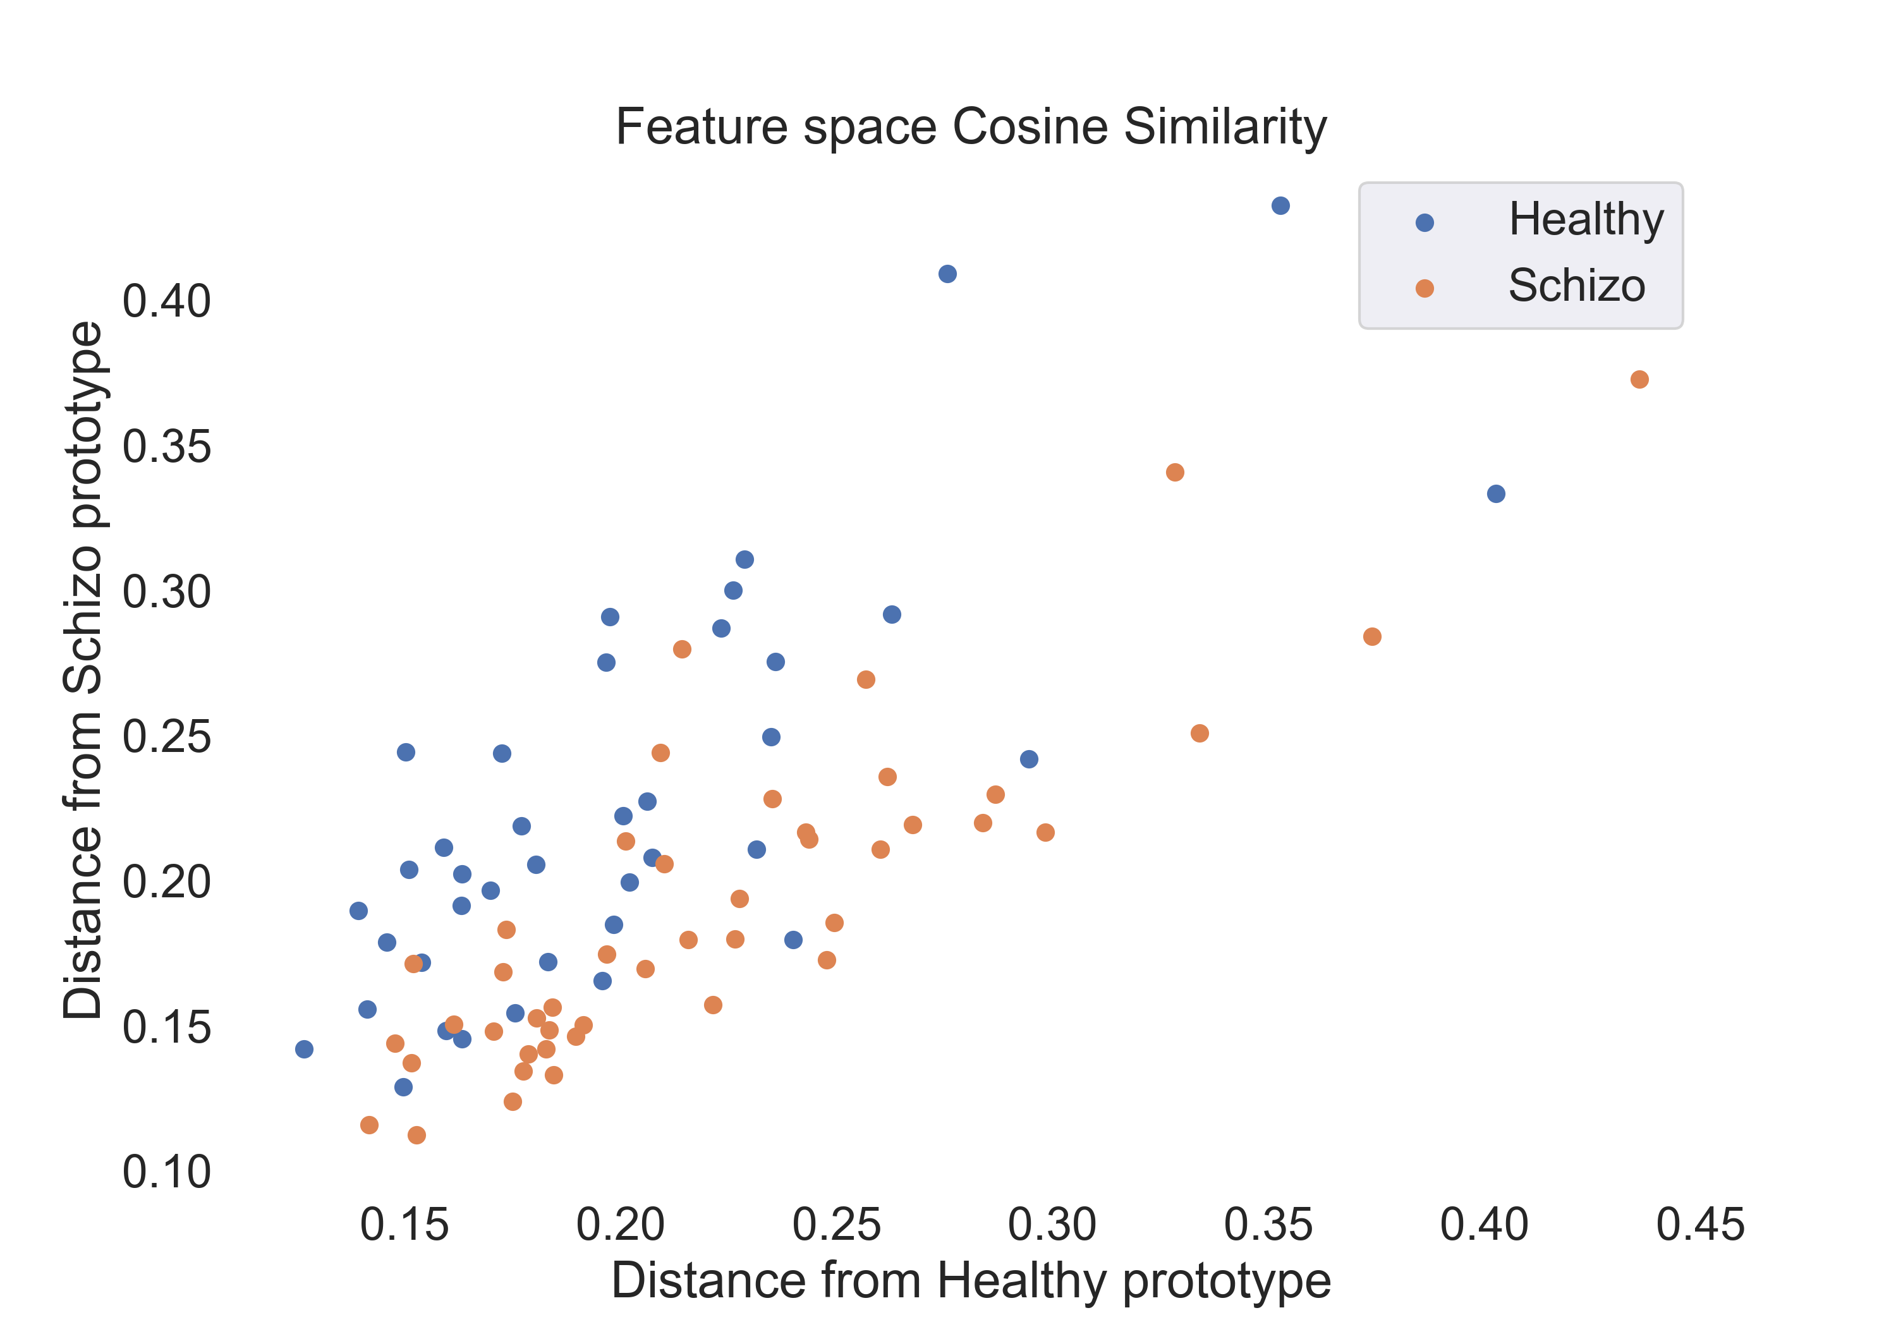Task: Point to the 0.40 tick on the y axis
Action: click(x=167, y=301)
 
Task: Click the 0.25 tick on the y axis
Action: click(x=167, y=737)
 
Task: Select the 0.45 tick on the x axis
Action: click(x=1700, y=1225)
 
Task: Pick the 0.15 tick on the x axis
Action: click(x=404, y=1225)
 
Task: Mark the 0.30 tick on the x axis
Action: click(x=1052, y=1225)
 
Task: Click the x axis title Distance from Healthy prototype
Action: click(x=971, y=1281)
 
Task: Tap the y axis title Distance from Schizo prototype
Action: click(x=83, y=670)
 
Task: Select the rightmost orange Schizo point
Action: click(x=1640, y=380)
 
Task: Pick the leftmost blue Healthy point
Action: click(x=304, y=1050)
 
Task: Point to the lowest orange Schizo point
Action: click(x=417, y=1136)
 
